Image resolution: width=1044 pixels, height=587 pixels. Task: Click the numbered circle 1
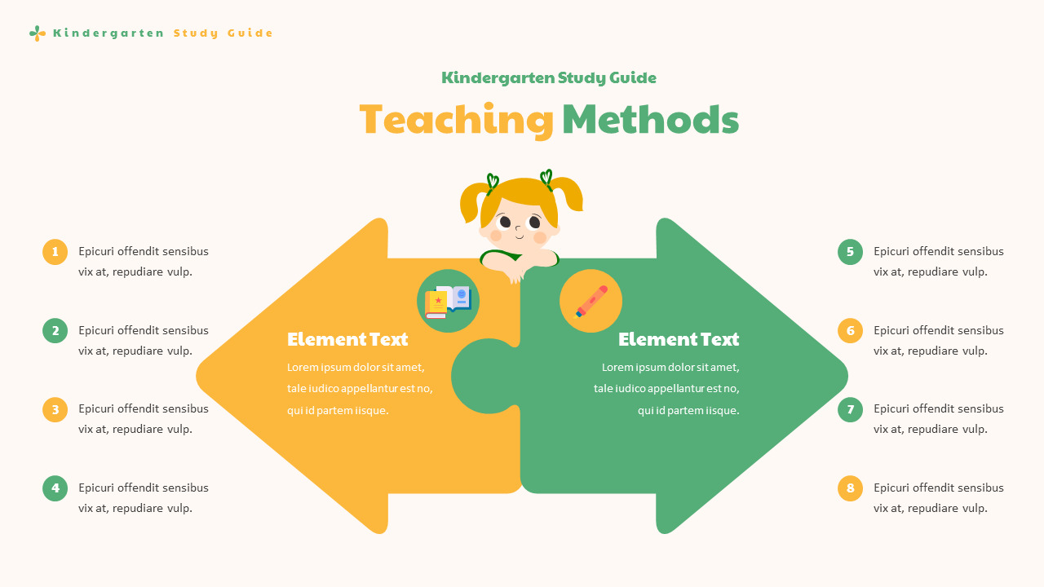pyautogui.click(x=55, y=252)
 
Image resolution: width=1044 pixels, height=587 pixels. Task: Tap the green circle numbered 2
pyautogui.click(x=55, y=331)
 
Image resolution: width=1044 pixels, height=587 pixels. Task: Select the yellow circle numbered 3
pyautogui.click(x=55, y=409)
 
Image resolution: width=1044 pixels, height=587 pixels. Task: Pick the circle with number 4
pyautogui.click(x=55, y=488)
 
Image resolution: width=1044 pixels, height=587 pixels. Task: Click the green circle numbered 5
pyautogui.click(x=850, y=252)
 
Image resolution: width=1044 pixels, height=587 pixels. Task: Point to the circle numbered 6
pyautogui.click(x=850, y=331)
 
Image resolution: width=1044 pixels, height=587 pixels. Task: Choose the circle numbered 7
pyautogui.click(x=850, y=409)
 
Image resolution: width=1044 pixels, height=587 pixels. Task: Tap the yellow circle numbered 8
pyautogui.click(x=850, y=488)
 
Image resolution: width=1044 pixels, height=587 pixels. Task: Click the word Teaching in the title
pyautogui.click(x=456, y=120)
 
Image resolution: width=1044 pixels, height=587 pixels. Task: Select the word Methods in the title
pyautogui.click(x=650, y=120)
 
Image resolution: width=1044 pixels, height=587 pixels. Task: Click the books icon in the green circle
pyautogui.click(x=448, y=301)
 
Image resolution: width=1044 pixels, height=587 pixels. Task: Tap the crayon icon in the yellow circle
pyautogui.click(x=591, y=301)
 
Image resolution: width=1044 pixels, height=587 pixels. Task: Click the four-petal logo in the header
pyautogui.click(x=38, y=33)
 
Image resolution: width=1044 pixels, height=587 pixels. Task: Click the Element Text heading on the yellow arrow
pyautogui.click(x=347, y=339)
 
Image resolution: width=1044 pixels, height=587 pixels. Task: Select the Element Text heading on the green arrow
pyautogui.click(x=679, y=339)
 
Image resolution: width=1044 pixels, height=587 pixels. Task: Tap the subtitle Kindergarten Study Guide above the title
pyautogui.click(x=549, y=78)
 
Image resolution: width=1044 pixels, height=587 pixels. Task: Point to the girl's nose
pyautogui.click(x=520, y=231)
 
